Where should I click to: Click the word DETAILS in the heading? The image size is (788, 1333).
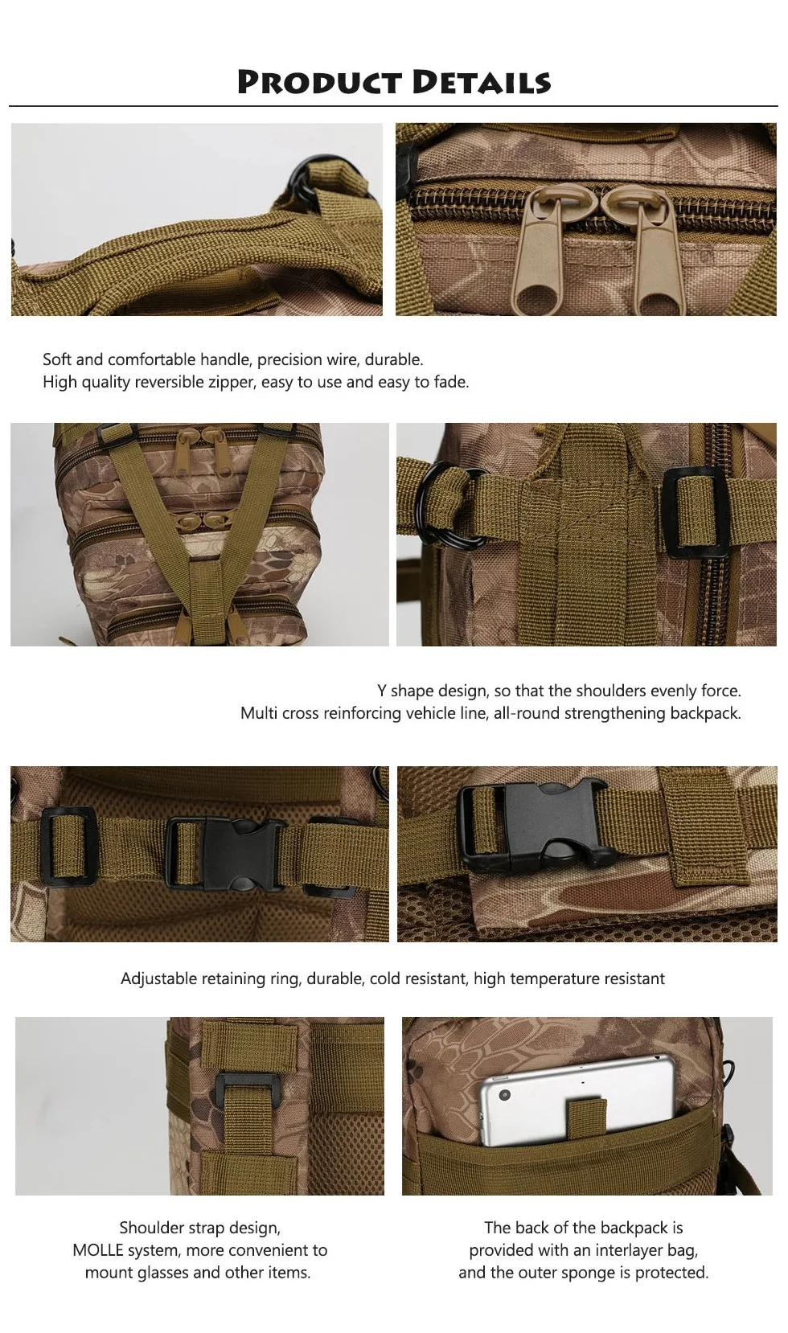[x=482, y=83]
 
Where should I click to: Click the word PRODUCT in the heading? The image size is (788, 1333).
[x=319, y=83]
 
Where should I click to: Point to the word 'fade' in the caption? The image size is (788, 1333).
[x=450, y=382]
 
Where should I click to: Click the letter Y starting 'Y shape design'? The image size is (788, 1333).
[x=382, y=691]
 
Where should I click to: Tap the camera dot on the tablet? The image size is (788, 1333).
[x=504, y=1096]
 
